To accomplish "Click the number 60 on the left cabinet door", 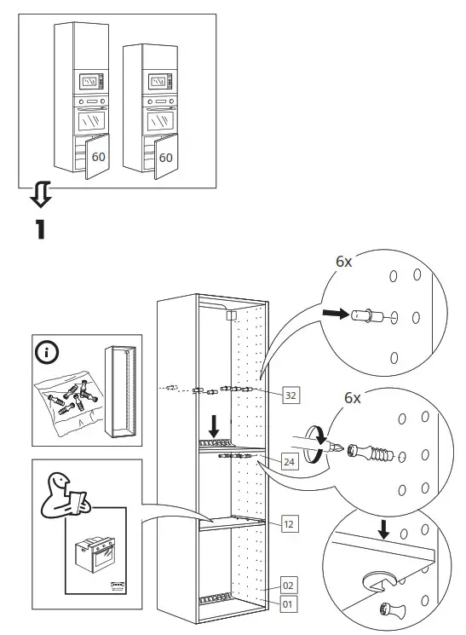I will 99,157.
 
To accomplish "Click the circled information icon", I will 46,352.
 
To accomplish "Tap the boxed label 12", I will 290,524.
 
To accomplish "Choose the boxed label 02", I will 289,586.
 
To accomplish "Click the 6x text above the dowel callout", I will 343,262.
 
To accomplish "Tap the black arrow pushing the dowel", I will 335,315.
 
